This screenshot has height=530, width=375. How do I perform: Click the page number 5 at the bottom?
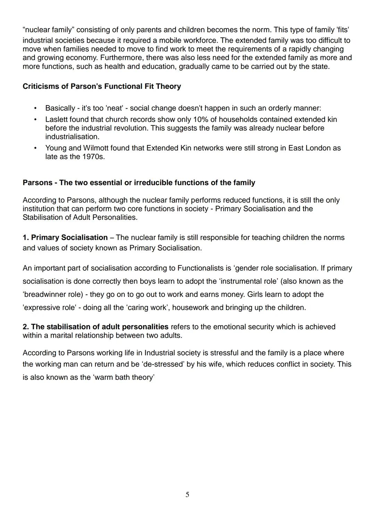click(x=187, y=495)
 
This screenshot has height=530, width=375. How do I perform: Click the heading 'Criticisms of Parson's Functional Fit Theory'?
click(x=102, y=86)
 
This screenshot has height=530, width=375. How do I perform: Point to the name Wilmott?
click(x=97, y=148)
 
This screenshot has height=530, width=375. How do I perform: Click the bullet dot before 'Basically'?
click(x=35, y=108)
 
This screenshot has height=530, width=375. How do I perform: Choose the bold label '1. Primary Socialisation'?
click(x=65, y=238)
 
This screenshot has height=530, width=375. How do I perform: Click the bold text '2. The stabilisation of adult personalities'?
click(x=95, y=327)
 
